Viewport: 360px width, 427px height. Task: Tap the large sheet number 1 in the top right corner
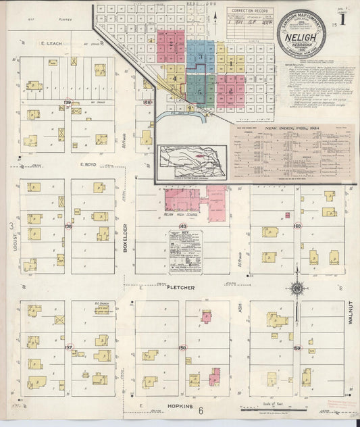(x=342, y=18)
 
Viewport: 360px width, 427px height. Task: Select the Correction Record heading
(x=249, y=11)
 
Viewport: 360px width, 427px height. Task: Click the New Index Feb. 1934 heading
(x=291, y=129)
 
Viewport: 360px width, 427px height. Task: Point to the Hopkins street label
(x=178, y=407)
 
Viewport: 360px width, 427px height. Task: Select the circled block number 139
(x=68, y=103)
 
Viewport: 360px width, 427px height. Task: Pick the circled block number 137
(x=68, y=347)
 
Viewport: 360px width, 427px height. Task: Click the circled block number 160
(x=297, y=226)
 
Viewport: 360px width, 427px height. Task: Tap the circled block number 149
(x=182, y=226)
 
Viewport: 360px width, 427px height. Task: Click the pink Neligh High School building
(x=182, y=200)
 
